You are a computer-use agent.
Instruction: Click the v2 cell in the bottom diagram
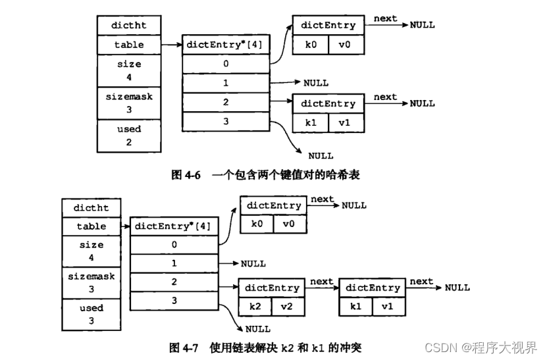point(290,307)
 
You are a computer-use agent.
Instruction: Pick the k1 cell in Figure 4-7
point(356,307)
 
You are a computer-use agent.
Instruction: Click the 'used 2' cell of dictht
point(129,135)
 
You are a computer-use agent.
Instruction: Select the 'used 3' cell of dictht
point(91,313)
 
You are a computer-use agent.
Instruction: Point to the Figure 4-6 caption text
point(265,174)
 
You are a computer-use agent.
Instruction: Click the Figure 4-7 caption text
point(265,347)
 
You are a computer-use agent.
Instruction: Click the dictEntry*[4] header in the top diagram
point(225,45)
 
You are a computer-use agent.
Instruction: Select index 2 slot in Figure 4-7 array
point(175,282)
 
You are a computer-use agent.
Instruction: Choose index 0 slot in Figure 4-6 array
point(225,64)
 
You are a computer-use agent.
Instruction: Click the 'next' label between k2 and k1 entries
point(321,281)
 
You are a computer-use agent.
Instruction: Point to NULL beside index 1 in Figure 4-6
point(315,83)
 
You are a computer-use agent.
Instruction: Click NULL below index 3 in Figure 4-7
point(258,328)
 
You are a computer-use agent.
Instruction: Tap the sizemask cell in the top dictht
point(129,102)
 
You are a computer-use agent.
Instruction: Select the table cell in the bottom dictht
point(91,226)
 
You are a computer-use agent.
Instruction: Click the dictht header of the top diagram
point(129,26)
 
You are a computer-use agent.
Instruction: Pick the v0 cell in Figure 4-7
point(290,224)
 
